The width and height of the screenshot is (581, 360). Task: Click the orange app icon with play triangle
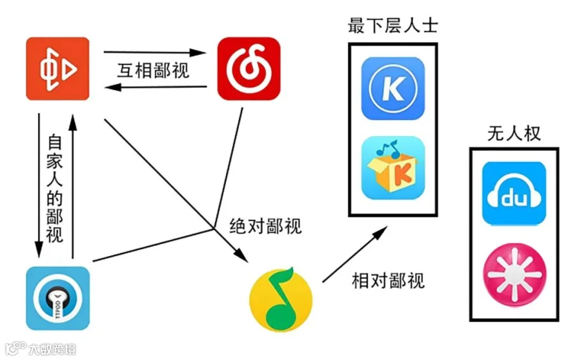pyautogui.click(x=58, y=68)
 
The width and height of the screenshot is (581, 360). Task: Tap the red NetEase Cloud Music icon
pyautogui.click(x=249, y=68)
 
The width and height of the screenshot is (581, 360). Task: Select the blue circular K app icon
pyautogui.click(x=392, y=88)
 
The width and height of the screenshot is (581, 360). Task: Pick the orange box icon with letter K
pyautogui.click(x=392, y=168)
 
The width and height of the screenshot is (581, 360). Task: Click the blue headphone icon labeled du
pyautogui.click(x=514, y=194)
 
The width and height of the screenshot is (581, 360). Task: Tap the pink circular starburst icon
pyautogui.click(x=515, y=275)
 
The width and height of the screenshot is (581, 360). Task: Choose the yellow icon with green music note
pyautogui.click(x=281, y=299)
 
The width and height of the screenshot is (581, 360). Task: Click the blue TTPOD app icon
pyautogui.click(x=58, y=298)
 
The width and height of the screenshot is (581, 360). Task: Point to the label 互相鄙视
pyautogui.click(x=153, y=70)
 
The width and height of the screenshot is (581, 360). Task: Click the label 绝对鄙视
pyautogui.click(x=266, y=226)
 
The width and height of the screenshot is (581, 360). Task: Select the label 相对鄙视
pyautogui.click(x=388, y=281)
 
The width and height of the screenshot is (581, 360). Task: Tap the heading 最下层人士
pyautogui.click(x=392, y=26)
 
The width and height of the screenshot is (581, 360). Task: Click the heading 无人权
pyautogui.click(x=514, y=134)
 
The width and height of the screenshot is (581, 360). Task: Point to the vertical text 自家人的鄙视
pyautogui.click(x=55, y=188)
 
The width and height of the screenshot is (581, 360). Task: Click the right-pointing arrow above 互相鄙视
pyautogui.click(x=154, y=52)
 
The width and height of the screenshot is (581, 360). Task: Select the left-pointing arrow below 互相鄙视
pyautogui.click(x=156, y=87)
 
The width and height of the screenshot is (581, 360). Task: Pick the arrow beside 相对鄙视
pyautogui.click(x=355, y=254)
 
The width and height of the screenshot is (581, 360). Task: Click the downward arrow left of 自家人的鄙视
pyautogui.click(x=39, y=186)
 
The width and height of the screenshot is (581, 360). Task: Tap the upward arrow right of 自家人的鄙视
pyautogui.click(x=72, y=186)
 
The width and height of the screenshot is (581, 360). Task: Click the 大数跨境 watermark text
pyautogui.click(x=52, y=349)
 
